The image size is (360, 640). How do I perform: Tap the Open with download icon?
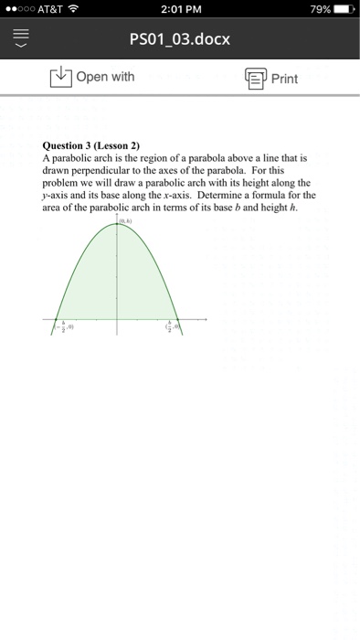pyautogui.click(x=60, y=77)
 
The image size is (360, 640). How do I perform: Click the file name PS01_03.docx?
pyautogui.click(x=179, y=40)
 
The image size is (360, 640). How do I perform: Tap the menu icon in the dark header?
pyautogui.click(x=21, y=40)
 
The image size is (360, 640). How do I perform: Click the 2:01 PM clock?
pyautogui.click(x=179, y=11)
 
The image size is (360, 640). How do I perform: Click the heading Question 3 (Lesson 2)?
pyautogui.click(x=90, y=144)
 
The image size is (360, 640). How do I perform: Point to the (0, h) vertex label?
pyautogui.click(x=123, y=219)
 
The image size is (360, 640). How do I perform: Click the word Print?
pyautogui.click(x=284, y=78)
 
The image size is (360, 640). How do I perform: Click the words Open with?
pyautogui.click(x=105, y=77)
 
